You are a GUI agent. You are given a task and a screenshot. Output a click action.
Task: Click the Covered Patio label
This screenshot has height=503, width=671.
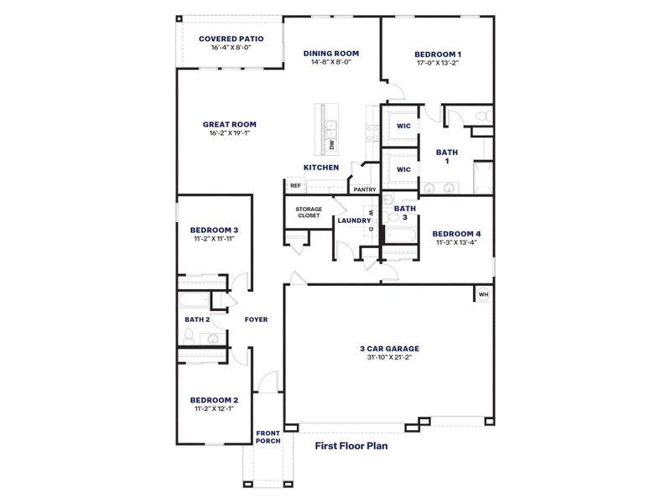pyautogui.click(x=231, y=39)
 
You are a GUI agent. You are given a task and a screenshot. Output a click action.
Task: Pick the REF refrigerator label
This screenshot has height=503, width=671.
pyautogui.click(x=295, y=186)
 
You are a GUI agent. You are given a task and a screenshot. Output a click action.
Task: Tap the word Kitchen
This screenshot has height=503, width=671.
pyautogui.click(x=321, y=168)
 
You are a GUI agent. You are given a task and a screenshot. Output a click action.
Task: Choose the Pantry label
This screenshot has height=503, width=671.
pyautogui.click(x=365, y=189)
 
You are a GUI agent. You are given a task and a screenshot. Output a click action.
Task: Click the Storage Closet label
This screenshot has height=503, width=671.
pyautogui.click(x=309, y=212)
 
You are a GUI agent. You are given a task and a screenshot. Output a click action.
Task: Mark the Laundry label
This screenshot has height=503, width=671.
pyautogui.click(x=354, y=220)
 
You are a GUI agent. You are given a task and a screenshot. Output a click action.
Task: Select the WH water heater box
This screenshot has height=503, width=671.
pyautogui.click(x=483, y=294)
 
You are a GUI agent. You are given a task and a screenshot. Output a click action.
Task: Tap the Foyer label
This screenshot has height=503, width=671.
pyautogui.click(x=256, y=319)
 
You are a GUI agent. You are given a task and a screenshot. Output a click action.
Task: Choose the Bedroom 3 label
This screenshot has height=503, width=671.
pyautogui.click(x=214, y=230)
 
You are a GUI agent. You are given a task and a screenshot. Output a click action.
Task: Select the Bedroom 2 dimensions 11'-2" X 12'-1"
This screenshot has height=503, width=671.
pyautogui.click(x=214, y=409)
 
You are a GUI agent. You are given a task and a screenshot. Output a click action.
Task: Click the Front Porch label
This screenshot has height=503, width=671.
pyautogui.click(x=268, y=437)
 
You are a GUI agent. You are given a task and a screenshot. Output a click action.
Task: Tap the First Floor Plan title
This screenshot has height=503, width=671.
pyautogui.click(x=351, y=446)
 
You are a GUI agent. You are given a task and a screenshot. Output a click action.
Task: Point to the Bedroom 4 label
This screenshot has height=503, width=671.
pyautogui.click(x=456, y=234)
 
